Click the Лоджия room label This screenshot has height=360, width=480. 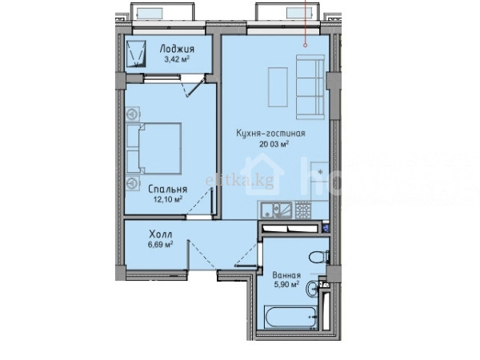177,49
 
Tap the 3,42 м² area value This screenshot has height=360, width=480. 177,59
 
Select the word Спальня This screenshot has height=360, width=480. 167,190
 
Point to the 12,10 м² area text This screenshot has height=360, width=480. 168,199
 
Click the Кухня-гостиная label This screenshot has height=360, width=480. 270,134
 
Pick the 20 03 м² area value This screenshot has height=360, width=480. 274,143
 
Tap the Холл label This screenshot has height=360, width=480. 161,234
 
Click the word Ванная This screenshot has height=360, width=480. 286,275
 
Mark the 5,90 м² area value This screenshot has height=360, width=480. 286,285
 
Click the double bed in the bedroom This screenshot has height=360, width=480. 154,149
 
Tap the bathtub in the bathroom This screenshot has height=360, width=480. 290,317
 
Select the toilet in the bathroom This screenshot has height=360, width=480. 319,257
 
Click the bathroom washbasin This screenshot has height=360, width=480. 312,288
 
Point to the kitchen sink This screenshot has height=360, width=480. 277,210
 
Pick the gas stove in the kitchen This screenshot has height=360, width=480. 302,210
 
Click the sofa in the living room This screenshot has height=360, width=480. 310,87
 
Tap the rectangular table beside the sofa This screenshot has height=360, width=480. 278,87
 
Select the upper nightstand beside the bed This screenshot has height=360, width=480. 133,114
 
